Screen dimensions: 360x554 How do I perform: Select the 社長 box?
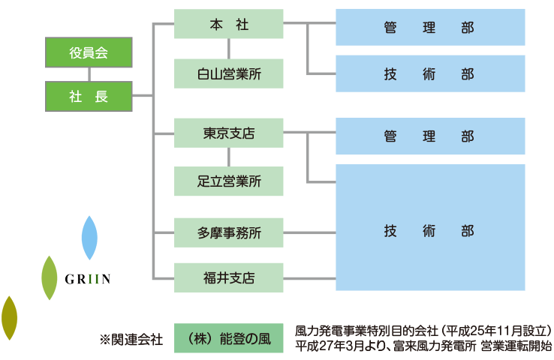click(x=89, y=96)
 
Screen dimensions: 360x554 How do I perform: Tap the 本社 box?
click(x=229, y=25)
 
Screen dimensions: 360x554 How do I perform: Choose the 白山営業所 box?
click(x=229, y=73)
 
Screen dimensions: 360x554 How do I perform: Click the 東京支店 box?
click(x=229, y=133)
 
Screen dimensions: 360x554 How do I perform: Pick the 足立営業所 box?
click(x=229, y=181)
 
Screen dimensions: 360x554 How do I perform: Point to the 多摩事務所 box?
click(x=229, y=232)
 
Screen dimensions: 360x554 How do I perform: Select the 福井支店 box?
click(x=229, y=277)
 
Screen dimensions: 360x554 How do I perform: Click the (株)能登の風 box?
click(x=229, y=338)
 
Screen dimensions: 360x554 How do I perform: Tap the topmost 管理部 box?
click(x=430, y=28)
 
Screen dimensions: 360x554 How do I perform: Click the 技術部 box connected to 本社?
click(x=430, y=73)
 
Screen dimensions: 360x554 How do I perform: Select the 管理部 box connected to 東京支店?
click(x=430, y=136)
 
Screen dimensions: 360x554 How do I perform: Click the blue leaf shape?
click(x=89, y=238)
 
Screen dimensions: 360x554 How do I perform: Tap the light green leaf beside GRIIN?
click(x=49, y=277)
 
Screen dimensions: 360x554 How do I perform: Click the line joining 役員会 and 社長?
click(x=89, y=74)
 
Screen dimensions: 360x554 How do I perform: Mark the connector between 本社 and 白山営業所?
click(x=229, y=49)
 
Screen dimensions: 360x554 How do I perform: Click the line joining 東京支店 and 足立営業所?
click(x=229, y=157)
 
